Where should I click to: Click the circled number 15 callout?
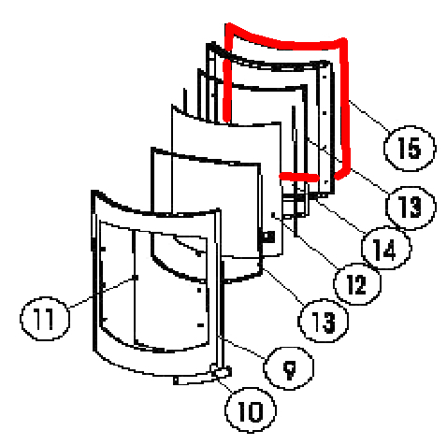[x=410, y=149]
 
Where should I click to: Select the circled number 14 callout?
[x=386, y=249]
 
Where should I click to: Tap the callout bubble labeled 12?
[x=357, y=284]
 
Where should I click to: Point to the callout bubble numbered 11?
[x=45, y=319]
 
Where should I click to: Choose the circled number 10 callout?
[x=251, y=410]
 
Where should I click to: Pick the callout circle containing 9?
[x=289, y=368]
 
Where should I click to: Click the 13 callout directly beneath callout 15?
[x=411, y=208]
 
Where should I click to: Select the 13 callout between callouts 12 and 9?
[x=324, y=321]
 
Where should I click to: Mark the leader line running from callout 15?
[x=369, y=116]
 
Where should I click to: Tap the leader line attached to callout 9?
[x=242, y=347]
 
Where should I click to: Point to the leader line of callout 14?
[x=340, y=217]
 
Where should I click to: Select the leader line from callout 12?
[x=306, y=241]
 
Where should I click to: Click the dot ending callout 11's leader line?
[x=136, y=277]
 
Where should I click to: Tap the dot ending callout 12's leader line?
[x=274, y=215]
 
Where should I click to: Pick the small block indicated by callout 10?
[x=222, y=371]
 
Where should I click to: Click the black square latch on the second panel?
[x=268, y=237]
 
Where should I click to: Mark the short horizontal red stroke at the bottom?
[x=299, y=178]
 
